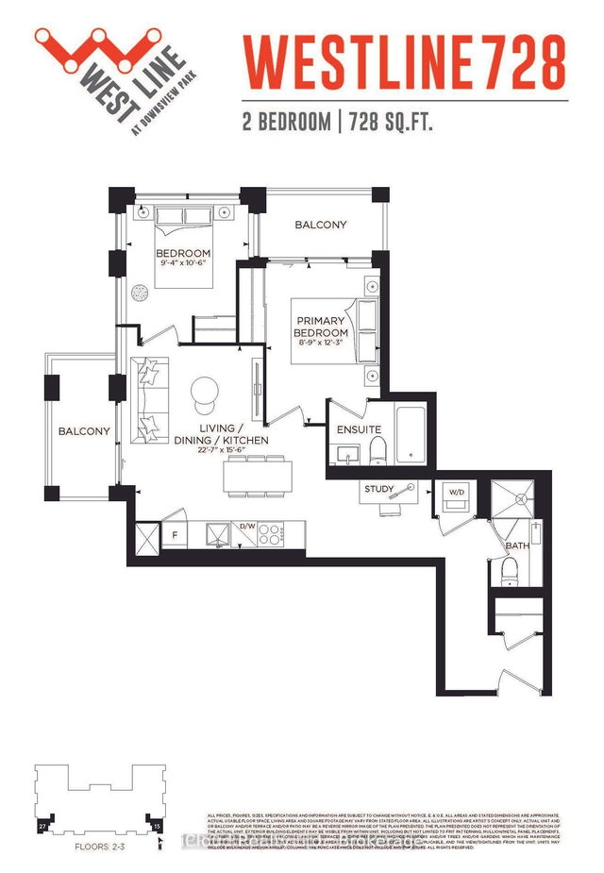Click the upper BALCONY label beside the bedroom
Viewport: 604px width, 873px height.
(320, 225)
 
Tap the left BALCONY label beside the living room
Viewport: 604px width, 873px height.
(84, 431)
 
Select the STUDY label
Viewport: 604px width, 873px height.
(379, 489)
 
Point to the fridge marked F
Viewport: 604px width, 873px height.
(174, 536)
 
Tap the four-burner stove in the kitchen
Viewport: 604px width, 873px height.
(272, 535)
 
